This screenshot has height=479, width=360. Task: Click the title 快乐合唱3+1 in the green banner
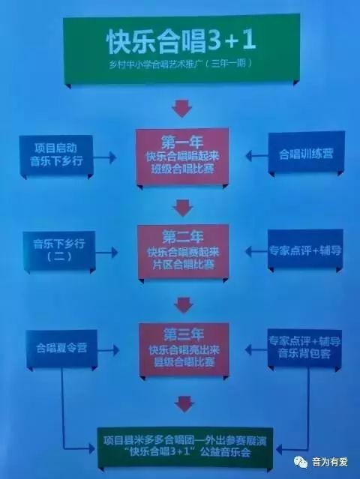pyautogui.click(x=181, y=41)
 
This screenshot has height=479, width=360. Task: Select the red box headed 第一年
pyautogui.click(x=182, y=157)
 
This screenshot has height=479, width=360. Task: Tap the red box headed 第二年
pyautogui.click(x=183, y=252)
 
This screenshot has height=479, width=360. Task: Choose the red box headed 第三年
pyautogui.click(x=184, y=349)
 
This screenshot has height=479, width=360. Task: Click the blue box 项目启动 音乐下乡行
pyautogui.click(x=56, y=155)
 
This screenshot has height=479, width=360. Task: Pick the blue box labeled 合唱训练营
pyautogui.click(x=306, y=152)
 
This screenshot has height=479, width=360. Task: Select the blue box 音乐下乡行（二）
pyautogui.click(x=59, y=250)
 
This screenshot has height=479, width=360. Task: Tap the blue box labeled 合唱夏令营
pyautogui.click(x=61, y=349)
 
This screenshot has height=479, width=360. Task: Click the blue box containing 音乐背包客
pyautogui.click(x=304, y=348)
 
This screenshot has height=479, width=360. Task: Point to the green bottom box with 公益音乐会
pyautogui.click(x=185, y=447)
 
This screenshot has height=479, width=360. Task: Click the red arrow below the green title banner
pyautogui.click(x=181, y=108)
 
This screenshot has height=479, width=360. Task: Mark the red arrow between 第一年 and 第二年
pyautogui.click(x=183, y=208)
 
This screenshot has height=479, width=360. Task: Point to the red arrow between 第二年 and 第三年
pyautogui.click(x=184, y=305)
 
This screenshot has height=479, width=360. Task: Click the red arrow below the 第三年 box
pyautogui.click(x=184, y=404)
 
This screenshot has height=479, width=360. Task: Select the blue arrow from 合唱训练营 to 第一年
pyautogui.click(x=256, y=156)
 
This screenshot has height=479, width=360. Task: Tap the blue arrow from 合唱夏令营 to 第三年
pyautogui.click(x=108, y=350)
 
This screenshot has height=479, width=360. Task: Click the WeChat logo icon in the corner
pyautogui.click(x=301, y=462)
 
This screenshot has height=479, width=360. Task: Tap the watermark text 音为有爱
pyautogui.click(x=330, y=462)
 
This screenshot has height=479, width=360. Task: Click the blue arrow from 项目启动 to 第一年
pyautogui.click(x=104, y=157)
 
